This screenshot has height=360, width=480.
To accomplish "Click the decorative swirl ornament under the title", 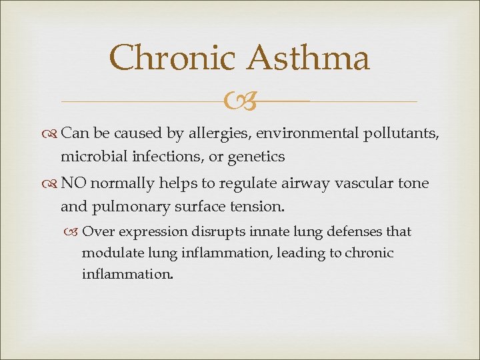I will [239, 101].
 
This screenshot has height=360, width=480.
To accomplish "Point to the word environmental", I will [307, 134].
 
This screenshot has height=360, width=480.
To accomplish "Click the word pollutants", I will [401, 135].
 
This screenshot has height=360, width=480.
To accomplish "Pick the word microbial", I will [95, 157].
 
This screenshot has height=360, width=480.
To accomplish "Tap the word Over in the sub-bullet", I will [97, 232].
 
